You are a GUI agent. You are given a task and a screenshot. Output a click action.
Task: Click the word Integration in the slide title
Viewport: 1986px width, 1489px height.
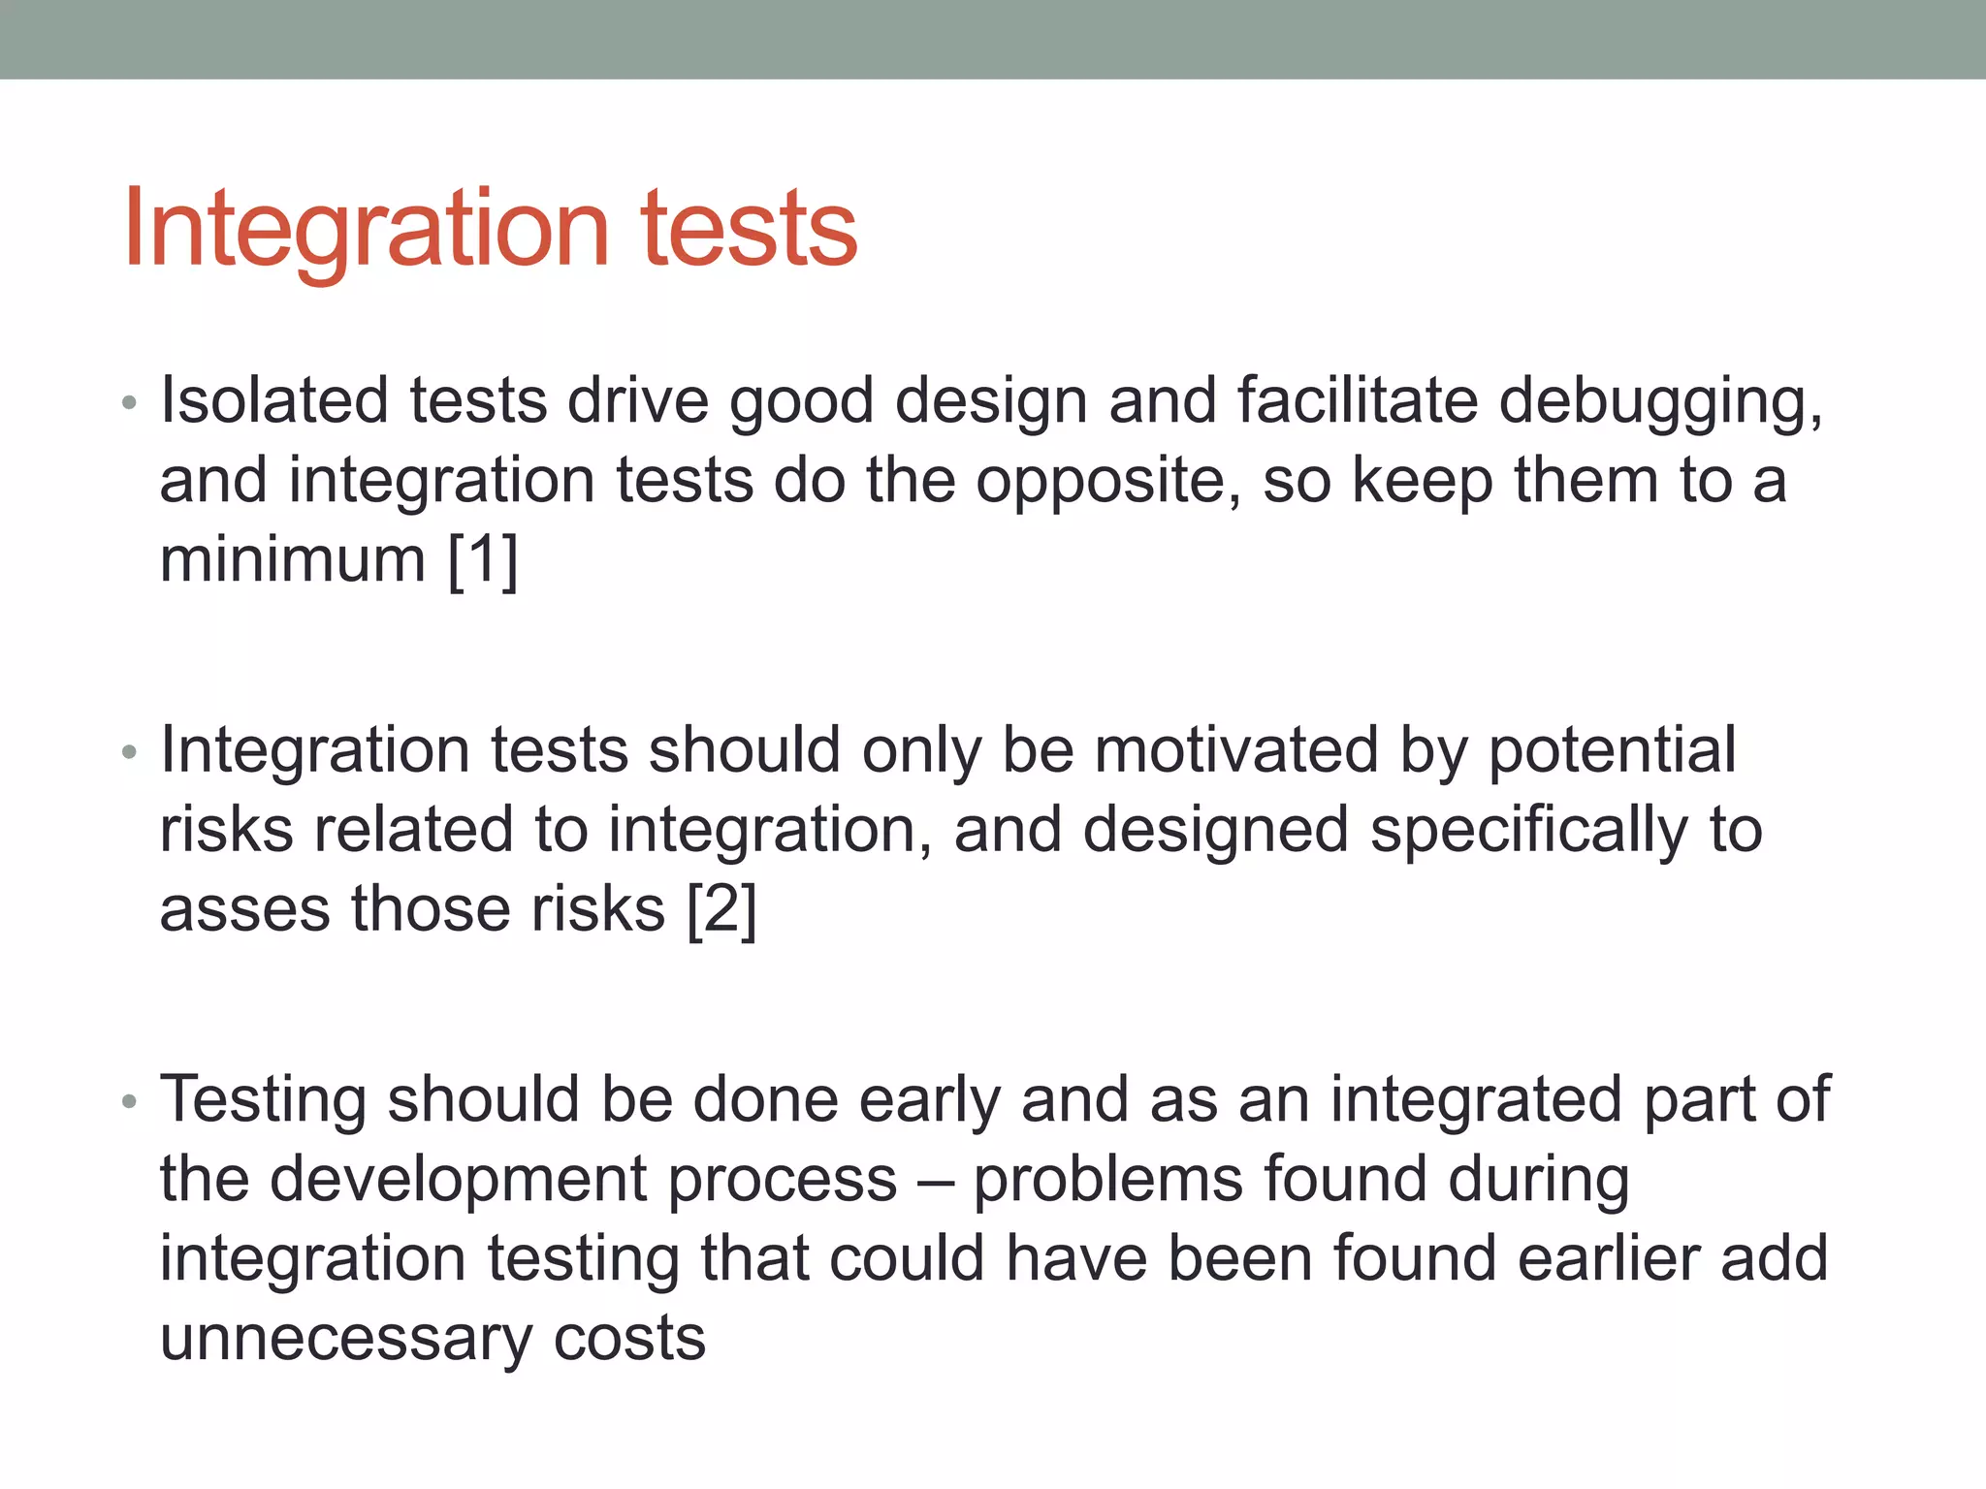[x=366, y=229]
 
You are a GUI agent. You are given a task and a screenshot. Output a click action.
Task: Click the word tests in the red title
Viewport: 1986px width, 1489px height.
[x=748, y=229]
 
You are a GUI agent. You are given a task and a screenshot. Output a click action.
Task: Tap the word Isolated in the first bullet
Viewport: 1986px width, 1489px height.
[x=273, y=400]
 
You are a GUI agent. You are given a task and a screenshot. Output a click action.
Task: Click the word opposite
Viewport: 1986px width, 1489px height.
[x=1106, y=482]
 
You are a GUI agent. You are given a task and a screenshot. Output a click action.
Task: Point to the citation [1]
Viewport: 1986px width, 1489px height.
[x=482, y=560]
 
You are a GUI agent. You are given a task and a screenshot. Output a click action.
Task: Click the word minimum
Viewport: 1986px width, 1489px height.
[x=292, y=560]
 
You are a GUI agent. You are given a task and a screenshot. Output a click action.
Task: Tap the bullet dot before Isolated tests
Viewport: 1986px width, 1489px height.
[x=130, y=402]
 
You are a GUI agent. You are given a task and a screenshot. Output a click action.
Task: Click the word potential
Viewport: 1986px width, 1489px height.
[x=1611, y=752]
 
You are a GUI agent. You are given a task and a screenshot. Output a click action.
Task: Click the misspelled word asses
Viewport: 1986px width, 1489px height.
[x=244, y=910]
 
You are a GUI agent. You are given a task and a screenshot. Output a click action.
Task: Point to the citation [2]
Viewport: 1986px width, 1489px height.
[x=721, y=910]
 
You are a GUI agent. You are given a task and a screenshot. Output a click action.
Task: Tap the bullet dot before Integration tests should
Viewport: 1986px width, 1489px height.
[x=130, y=752]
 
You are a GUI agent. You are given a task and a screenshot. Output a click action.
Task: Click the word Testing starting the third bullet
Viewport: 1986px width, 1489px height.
[x=264, y=1101]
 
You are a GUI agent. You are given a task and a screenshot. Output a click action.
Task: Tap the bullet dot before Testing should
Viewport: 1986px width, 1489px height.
[x=130, y=1101]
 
